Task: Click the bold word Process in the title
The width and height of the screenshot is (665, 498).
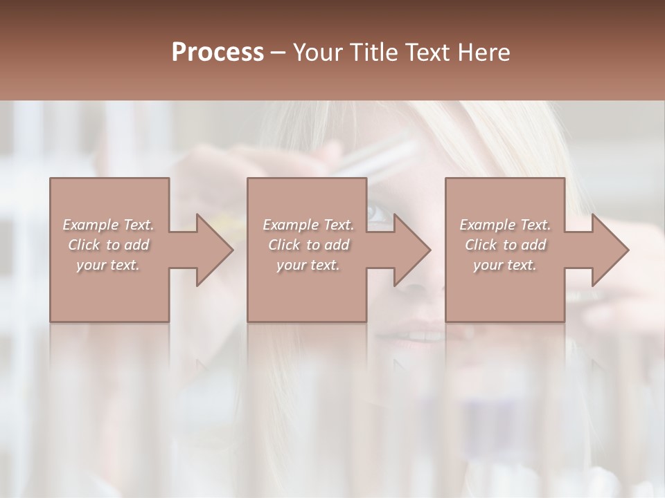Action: coord(218,53)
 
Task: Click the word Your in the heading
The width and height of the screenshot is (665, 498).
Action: coord(321,53)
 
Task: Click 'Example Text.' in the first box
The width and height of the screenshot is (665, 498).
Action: coord(109,225)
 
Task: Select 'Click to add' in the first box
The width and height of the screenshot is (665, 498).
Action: coord(109,245)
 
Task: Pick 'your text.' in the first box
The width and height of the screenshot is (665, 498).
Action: coord(109,265)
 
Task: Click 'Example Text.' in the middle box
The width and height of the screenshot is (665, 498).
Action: coord(308,225)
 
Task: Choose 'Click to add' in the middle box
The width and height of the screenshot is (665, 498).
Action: coord(308,245)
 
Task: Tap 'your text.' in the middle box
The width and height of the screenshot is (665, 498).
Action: coord(308,265)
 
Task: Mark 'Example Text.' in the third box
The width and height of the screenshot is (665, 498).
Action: coord(505,225)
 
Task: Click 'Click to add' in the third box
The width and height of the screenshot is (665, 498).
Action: coord(505,245)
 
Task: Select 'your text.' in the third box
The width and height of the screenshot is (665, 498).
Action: coord(505,265)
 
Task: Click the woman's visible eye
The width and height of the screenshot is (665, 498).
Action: coord(378,212)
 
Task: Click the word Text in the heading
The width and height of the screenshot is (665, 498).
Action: coord(427,53)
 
